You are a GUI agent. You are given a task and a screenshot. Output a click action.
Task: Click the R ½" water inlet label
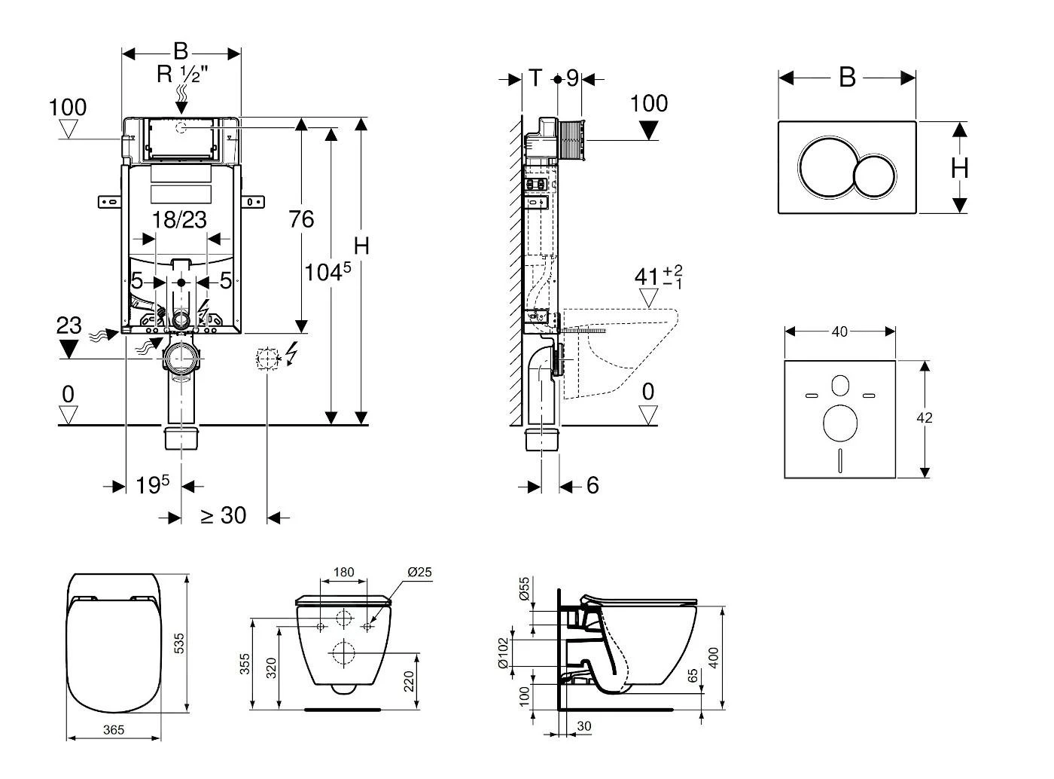coord(182,75)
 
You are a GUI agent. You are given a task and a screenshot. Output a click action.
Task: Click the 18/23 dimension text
coord(179,219)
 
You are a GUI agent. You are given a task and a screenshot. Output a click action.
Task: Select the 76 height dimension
coord(301,219)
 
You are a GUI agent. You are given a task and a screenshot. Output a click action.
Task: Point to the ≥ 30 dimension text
coord(223,515)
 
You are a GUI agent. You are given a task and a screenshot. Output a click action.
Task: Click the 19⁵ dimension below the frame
coord(154,484)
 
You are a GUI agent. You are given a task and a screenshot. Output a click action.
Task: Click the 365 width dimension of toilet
coord(113,729)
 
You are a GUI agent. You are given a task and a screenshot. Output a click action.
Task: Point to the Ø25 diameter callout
coord(419,573)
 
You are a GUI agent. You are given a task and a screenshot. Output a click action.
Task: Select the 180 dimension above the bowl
coord(343,573)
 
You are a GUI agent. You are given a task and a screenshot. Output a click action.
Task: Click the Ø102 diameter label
coord(525,653)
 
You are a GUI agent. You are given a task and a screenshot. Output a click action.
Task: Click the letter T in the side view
coord(535,78)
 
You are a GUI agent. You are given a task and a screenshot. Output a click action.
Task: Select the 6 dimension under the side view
coord(592,485)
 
